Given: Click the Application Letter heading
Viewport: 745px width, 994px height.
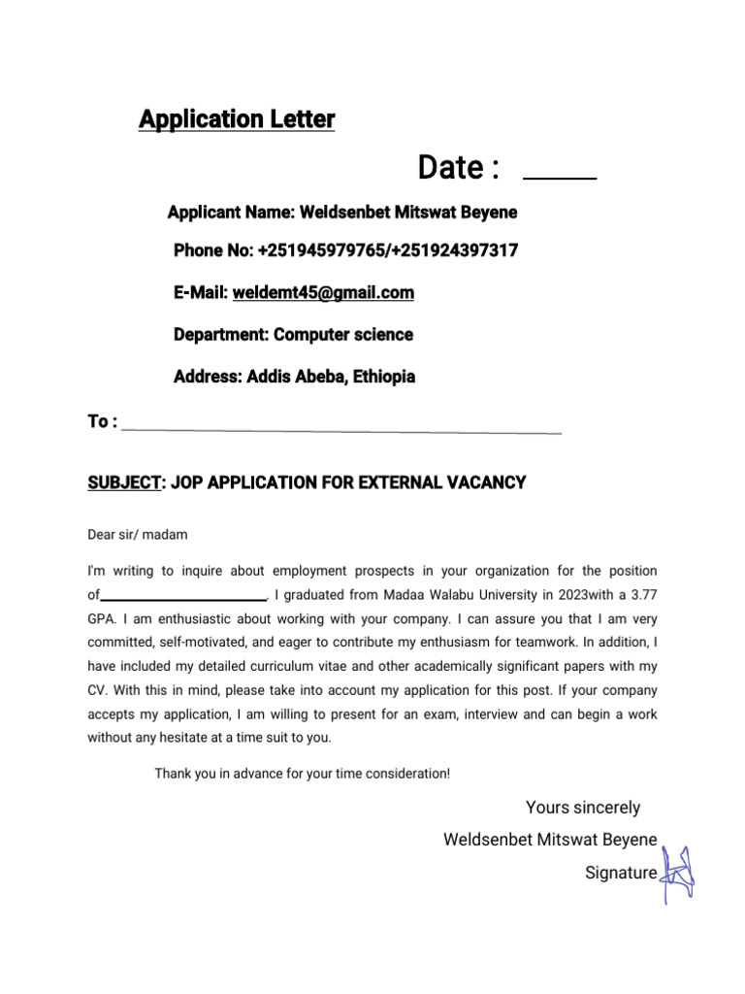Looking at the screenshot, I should click(237, 119).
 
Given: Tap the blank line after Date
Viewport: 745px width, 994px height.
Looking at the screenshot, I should click(560, 178).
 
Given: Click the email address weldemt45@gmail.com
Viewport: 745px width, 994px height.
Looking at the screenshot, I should click(330, 292).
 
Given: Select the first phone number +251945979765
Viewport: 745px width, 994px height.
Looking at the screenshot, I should click(320, 250).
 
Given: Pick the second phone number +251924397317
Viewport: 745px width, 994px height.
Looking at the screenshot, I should click(453, 250).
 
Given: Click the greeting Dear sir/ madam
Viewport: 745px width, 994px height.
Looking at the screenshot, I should click(138, 535).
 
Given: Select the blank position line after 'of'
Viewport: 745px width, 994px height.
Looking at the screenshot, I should click(183, 596).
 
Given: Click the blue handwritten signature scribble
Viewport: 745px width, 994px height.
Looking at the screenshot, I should click(677, 871).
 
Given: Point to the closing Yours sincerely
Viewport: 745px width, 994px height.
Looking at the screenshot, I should click(583, 808).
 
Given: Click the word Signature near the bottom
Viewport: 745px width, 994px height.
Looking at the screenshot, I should click(621, 873).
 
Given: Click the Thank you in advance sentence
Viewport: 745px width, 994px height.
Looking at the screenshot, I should click(303, 774).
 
